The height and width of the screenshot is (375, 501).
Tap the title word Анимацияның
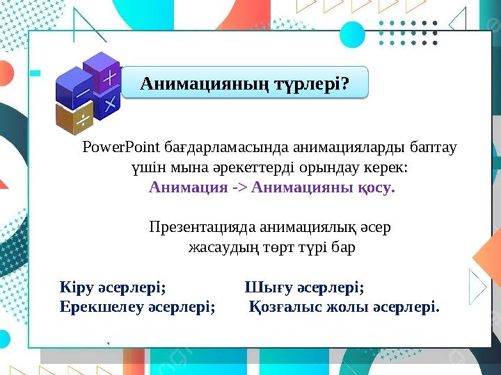tap(196, 84)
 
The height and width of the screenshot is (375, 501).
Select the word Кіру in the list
tap(76, 286)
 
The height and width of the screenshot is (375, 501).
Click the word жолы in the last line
tap(348, 306)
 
